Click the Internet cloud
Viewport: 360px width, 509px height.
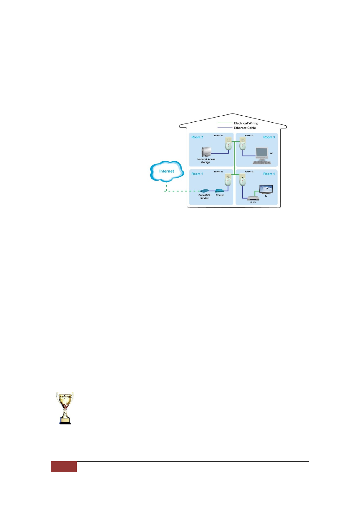tap(167, 171)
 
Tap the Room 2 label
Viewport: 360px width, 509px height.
tap(197, 137)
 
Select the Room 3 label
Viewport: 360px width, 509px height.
tap(269, 137)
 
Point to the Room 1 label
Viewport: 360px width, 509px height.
tap(197, 174)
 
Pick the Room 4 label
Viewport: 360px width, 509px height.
tap(269, 174)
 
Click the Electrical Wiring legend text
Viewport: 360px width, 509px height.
tap(246, 123)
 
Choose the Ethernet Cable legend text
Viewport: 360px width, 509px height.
tap(245, 128)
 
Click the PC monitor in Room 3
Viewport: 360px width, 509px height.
tap(261, 153)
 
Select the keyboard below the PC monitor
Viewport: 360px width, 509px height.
tap(262, 163)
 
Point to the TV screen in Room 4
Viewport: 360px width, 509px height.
tap(266, 189)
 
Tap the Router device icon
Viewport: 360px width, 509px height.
tap(219, 191)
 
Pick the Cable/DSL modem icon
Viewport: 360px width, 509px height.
tap(204, 191)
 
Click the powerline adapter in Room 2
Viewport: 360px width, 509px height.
tap(228, 144)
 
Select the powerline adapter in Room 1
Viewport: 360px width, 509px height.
tap(228, 180)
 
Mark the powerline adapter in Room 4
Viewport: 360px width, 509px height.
tap(242, 180)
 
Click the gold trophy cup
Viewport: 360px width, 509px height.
tap(65, 408)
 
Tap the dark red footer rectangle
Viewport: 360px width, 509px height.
tap(63, 467)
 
